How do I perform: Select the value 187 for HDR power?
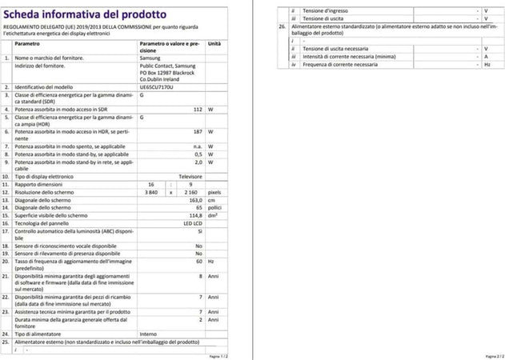click(196, 130)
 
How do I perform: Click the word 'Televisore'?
click(189, 175)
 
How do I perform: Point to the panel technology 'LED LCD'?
click(190, 222)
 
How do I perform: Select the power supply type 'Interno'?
click(149, 333)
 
